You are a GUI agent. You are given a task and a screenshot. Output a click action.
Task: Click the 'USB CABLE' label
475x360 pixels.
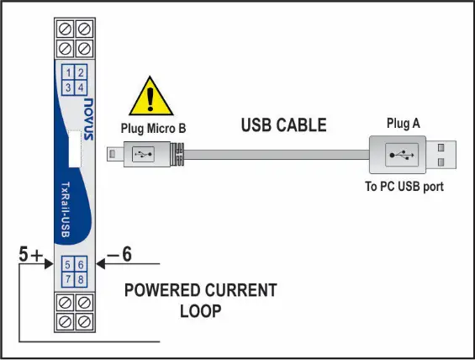coord(283,126)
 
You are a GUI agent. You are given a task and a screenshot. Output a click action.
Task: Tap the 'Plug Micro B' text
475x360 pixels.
coord(151,129)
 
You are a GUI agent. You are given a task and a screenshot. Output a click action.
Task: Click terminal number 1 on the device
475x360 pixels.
coord(68,72)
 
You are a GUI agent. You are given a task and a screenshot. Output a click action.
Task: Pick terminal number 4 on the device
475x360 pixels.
coord(81,87)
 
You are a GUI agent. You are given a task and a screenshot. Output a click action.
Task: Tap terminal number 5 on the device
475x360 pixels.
coord(68,265)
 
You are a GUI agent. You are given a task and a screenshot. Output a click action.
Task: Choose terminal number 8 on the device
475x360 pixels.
coord(81,279)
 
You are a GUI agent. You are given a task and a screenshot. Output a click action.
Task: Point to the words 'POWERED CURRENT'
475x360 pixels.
coord(200,291)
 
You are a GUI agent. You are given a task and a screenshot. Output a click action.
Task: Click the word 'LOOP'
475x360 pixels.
coord(199,311)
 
